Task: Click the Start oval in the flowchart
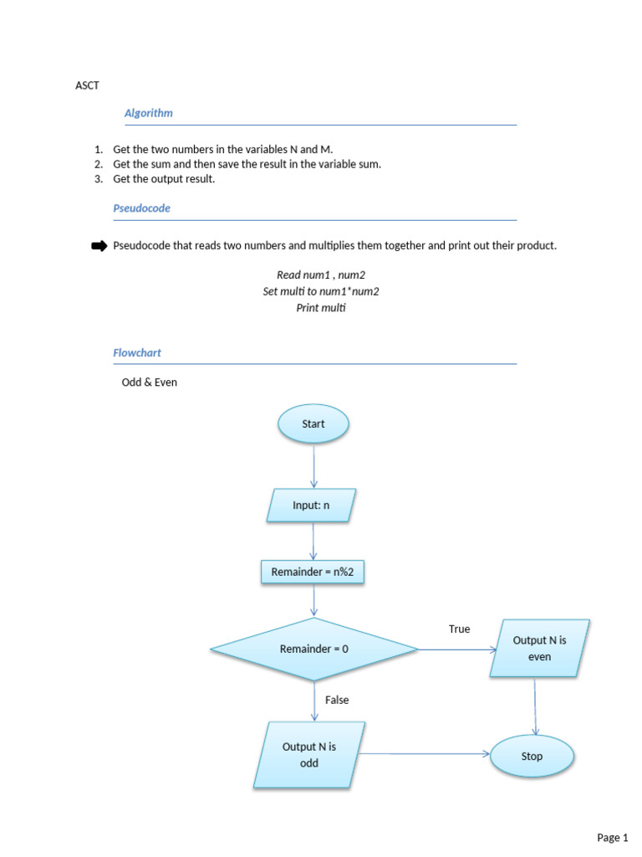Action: tap(313, 423)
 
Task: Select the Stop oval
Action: tap(532, 756)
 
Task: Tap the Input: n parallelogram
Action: tap(311, 505)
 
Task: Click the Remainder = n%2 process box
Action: tap(313, 572)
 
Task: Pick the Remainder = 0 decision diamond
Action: tap(314, 649)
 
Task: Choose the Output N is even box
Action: tap(539, 649)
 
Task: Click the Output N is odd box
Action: tap(309, 755)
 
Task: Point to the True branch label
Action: tap(459, 629)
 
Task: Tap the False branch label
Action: tap(337, 700)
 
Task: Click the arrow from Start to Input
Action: tap(314, 465)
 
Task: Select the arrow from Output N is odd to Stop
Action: tap(424, 754)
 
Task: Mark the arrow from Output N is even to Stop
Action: tap(535, 706)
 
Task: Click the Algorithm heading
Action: tap(149, 113)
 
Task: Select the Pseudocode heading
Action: tap(141, 208)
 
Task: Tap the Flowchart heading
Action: tap(137, 353)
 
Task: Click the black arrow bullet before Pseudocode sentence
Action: tap(99, 246)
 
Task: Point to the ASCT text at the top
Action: tap(87, 85)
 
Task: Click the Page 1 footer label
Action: tap(613, 837)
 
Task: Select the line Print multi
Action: tap(321, 308)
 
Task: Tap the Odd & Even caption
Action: tap(150, 382)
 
